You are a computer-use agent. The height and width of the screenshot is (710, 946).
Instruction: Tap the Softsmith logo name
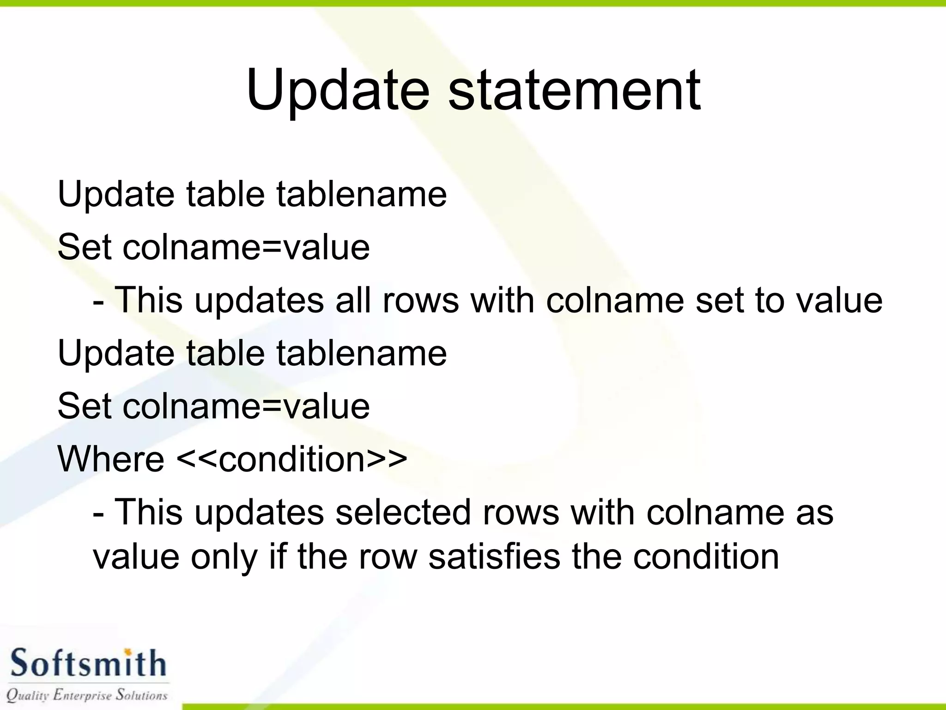click(88, 663)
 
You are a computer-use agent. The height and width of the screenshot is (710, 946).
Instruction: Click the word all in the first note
click(353, 300)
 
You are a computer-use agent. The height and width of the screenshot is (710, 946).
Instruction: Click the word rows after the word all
click(421, 300)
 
